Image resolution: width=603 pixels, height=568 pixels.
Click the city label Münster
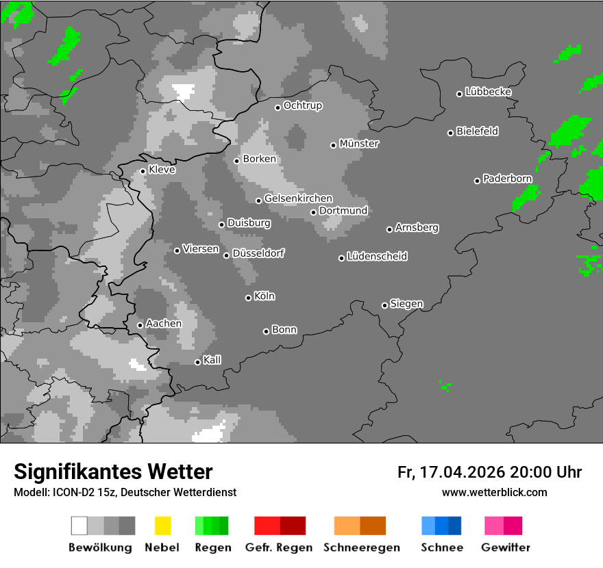pyautogui.click(x=359, y=144)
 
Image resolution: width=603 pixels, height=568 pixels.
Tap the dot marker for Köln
pyautogui.click(x=248, y=298)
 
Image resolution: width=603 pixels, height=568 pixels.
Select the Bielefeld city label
pyautogui.click(x=477, y=131)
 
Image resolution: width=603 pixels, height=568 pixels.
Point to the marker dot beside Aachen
pyautogui.click(x=140, y=325)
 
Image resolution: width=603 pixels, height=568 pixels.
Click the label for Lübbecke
pyautogui.click(x=488, y=92)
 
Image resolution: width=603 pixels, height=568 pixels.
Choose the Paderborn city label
pyautogui.click(x=507, y=179)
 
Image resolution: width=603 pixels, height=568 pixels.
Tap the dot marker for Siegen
pyautogui.click(x=384, y=305)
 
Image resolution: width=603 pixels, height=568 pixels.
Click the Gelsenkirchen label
pyautogui.click(x=298, y=198)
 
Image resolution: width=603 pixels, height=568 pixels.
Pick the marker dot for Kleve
pyautogui.click(x=143, y=171)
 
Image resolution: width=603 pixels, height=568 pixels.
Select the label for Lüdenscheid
pyautogui.click(x=377, y=257)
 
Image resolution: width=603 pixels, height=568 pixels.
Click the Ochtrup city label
pyautogui.click(x=302, y=106)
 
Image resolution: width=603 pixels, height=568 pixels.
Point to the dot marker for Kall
pyautogui.click(x=197, y=362)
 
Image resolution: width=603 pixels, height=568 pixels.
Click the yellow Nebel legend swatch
pyautogui.click(x=162, y=526)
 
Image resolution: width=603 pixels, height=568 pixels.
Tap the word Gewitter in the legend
pyautogui.click(x=506, y=547)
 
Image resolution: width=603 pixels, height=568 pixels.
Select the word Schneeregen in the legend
pyautogui.click(x=362, y=547)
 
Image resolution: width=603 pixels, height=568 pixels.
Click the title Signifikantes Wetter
pyautogui.click(x=113, y=472)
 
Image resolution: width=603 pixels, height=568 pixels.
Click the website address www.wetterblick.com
pyautogui.click(x=494, y=492)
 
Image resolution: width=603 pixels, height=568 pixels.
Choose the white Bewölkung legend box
pyautogui.click(x=79, y=526)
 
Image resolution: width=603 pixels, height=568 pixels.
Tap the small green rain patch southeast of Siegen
pyautogui.click(x=445, y=387)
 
